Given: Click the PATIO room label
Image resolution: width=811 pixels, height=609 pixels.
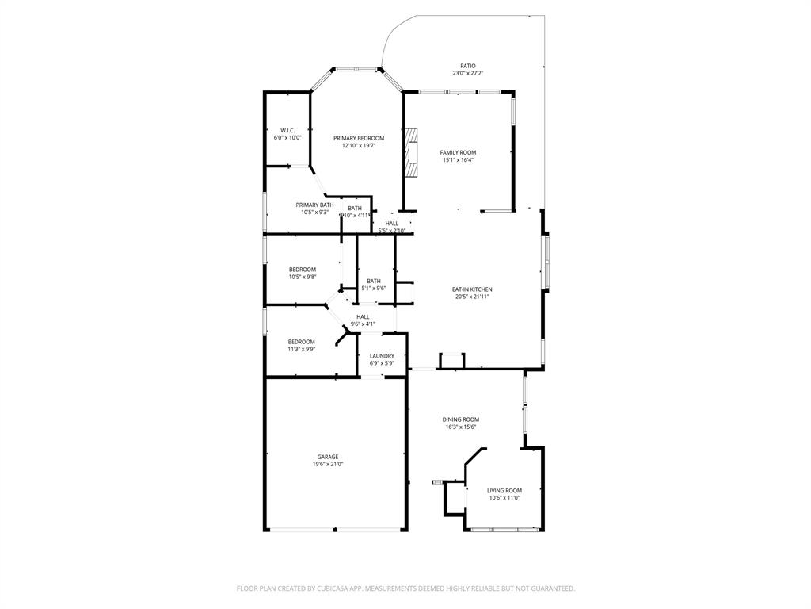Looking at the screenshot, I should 468,66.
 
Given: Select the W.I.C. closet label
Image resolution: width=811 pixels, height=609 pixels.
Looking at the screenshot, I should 287,130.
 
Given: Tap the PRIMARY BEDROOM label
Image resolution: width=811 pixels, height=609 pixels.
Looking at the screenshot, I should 359,138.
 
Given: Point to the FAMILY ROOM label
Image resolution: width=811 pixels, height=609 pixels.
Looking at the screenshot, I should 459,152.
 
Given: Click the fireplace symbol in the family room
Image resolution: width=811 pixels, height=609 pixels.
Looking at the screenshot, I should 410,155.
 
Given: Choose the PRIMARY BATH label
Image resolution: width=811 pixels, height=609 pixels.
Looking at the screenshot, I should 314,205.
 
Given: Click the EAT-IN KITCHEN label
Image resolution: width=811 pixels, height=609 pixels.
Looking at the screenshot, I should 472,289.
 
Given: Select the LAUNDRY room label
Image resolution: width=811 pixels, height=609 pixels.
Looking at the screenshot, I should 382,356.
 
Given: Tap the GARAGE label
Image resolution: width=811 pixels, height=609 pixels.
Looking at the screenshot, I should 328,457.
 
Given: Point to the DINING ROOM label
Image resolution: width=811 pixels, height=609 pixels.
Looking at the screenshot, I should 460,419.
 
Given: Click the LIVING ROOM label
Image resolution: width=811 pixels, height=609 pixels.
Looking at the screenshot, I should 504,491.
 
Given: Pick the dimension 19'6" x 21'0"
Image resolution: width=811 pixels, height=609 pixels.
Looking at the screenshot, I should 328,465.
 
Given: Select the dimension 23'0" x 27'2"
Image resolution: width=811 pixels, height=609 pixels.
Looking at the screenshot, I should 468,73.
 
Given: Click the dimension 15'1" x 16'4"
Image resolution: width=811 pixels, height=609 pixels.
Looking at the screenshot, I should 459,160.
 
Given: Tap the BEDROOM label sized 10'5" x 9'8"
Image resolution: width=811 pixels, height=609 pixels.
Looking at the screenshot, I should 302,270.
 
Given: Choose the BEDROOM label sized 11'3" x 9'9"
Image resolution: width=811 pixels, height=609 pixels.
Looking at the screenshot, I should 301,342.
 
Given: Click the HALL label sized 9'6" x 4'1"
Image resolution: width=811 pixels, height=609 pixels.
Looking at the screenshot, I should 363,316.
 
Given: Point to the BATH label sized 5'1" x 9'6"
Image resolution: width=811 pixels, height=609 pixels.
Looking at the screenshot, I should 374,281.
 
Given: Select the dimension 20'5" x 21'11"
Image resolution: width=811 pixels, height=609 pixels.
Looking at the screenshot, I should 472,297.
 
